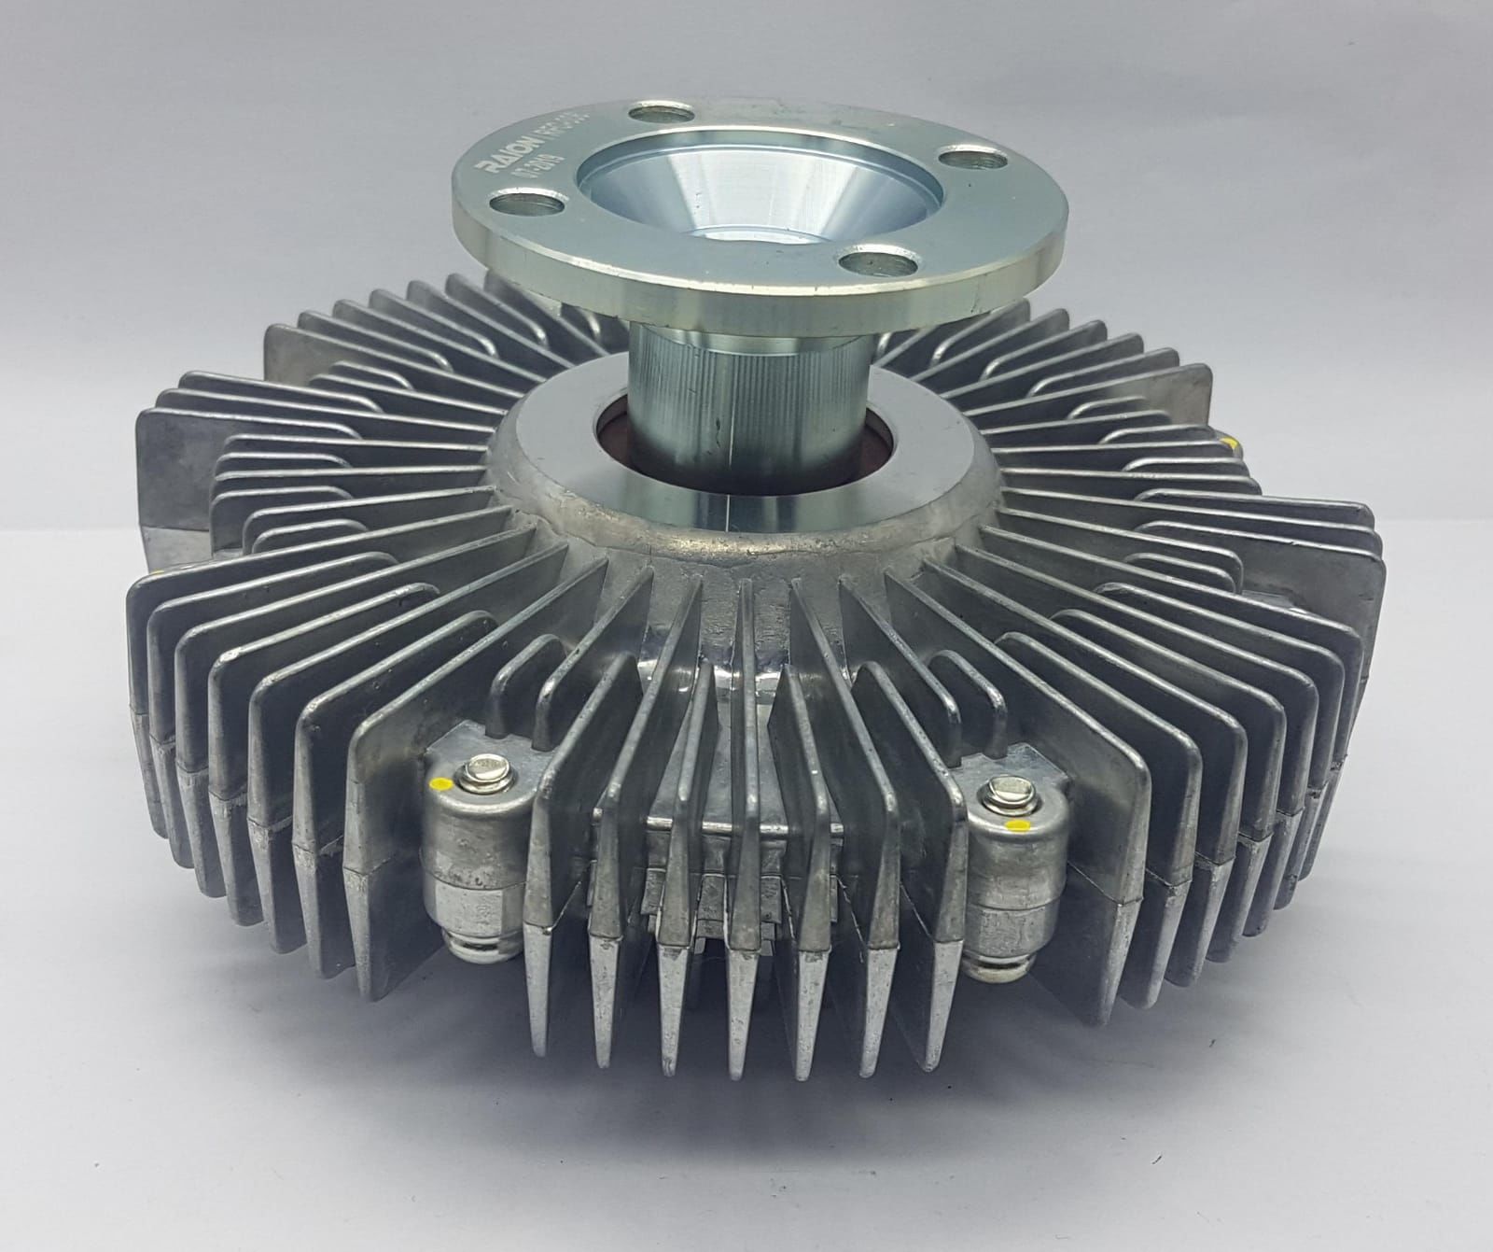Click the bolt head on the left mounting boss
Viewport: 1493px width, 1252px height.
point(486,771)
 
